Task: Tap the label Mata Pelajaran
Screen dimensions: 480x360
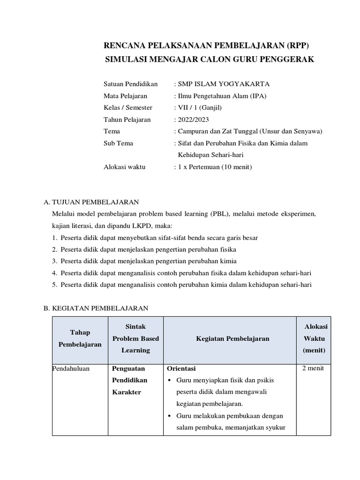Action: [x=125, y=96]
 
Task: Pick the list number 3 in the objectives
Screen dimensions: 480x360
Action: [x=54, y=261]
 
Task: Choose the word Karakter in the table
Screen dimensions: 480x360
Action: [x=127, y=392]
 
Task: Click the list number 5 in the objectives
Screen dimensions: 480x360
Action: [x=54, y=285]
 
